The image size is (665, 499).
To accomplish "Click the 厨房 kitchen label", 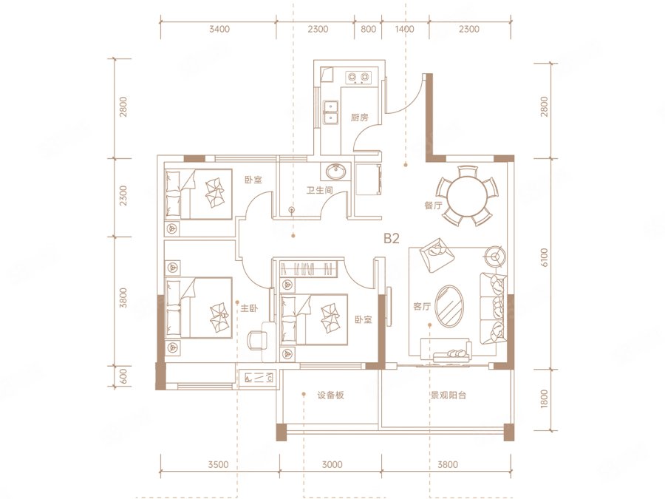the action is coord(359,118).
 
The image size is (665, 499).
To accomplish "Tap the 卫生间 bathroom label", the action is coord(320,191).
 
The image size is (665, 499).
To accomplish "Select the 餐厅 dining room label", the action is coord(433,206).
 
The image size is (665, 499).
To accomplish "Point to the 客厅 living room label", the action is coord(422,306).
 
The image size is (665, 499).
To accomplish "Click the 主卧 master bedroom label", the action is coord(249,308).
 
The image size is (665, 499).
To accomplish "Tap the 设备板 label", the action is coord(330,396).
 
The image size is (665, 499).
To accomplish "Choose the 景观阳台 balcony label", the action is coord(449,396).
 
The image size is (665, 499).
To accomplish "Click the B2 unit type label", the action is coord(392,239).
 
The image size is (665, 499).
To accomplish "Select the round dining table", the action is coord(467,196).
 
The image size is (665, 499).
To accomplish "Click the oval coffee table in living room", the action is coord(450,306).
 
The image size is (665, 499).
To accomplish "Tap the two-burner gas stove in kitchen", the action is coord(358,77).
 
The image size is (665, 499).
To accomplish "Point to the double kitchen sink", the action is coord(330,112).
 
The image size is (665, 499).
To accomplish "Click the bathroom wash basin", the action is coord(336,172).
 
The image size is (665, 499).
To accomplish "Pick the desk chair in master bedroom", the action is coord(256,341).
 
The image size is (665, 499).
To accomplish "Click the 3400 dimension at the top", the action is coord(219,30).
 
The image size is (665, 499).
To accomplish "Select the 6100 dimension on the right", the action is coord(544,257).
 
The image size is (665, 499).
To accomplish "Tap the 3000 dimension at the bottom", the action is coord(332,465).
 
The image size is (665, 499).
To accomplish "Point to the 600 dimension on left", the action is coord(123,376).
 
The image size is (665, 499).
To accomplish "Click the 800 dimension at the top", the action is coord(368,30).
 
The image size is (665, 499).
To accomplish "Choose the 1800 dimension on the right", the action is coord(544,399).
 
